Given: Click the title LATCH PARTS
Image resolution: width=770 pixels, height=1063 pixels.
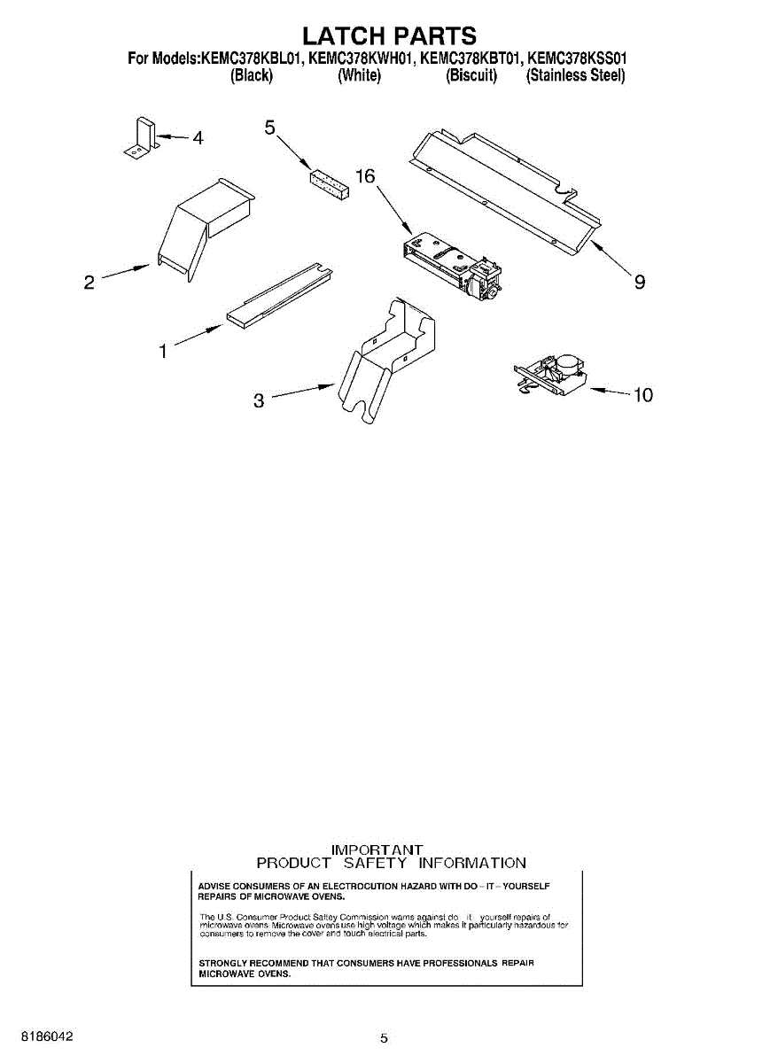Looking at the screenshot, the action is [x=389, y=35].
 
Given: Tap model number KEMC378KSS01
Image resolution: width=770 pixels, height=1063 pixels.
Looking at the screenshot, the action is [x=577, y=59].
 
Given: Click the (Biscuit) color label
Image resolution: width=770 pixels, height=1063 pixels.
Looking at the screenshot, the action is [x=471, y=76].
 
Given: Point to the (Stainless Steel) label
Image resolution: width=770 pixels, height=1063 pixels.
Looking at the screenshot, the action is [x=576, y=76].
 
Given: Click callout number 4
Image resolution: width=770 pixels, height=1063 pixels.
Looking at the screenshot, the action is [x=198, y=138].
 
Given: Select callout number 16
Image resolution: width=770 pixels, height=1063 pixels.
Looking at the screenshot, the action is [x=365, y=176].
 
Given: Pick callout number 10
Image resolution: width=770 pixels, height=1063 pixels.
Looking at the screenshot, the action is [x=642, y=395].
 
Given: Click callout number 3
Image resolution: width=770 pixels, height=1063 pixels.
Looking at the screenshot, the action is [x=259, y=401].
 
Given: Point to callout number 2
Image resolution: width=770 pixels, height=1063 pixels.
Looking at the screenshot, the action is [x=89, y=283].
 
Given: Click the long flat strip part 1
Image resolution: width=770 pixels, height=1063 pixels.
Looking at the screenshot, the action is [x=280, y=295].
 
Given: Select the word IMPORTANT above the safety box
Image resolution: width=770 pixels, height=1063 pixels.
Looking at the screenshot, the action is [x=376, y=849].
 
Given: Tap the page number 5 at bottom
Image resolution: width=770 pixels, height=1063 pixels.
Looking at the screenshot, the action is [x=384, y=1038].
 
